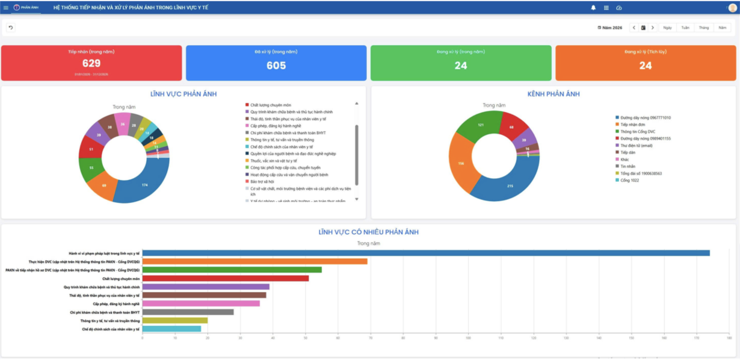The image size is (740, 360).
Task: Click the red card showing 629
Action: (91, 63)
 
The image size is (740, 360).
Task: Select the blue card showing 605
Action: (276, 63)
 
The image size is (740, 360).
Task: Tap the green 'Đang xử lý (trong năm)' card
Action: (461, 63)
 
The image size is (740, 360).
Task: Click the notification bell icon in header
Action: (593, 8)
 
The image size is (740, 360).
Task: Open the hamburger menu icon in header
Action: (6, 8)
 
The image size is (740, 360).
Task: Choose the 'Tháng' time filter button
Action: (704, 28)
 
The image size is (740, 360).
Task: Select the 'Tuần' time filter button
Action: (685, 28)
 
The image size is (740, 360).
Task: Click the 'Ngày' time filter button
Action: (667, 28)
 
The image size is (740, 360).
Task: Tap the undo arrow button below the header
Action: (11, 28)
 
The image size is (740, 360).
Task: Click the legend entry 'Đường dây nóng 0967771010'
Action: (646, 118)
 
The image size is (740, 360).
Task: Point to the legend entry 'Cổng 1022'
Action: (630, 180)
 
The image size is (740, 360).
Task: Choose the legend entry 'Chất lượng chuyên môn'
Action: (270, 105)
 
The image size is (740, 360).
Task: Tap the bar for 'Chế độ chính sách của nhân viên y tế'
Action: (171, 329)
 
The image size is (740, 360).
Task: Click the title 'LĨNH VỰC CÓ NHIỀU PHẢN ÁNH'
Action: (368, 232)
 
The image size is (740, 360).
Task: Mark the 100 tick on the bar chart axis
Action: (469, 338)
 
